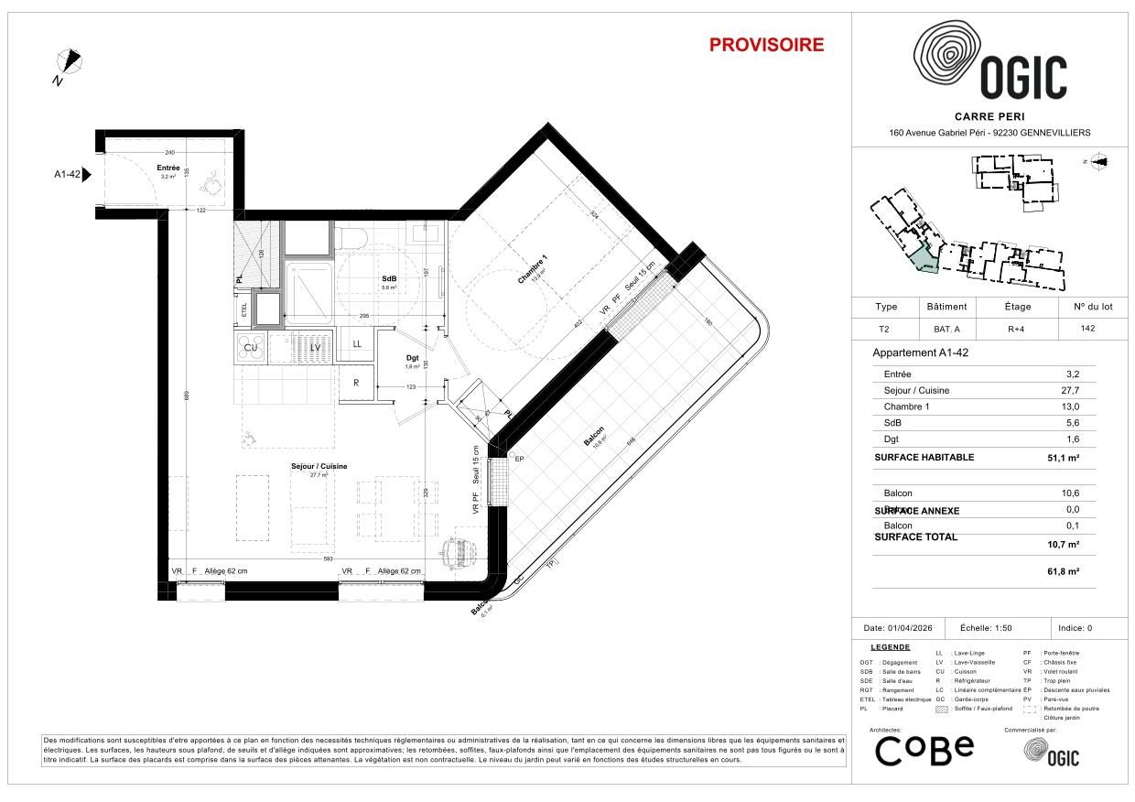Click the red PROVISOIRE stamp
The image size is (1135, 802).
(766, 45)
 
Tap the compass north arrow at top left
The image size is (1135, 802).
(70, 63)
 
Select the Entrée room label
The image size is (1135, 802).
(168, 168)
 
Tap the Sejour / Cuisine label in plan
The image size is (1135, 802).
(319, 466)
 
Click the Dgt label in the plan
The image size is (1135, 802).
(412, 357)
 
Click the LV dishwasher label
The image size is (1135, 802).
(314, 347)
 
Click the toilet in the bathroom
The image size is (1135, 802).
(350, 238)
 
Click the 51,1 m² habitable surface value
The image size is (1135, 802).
(1062, 457)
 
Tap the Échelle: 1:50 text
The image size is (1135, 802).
(986, 628)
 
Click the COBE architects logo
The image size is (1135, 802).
(924, 751)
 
